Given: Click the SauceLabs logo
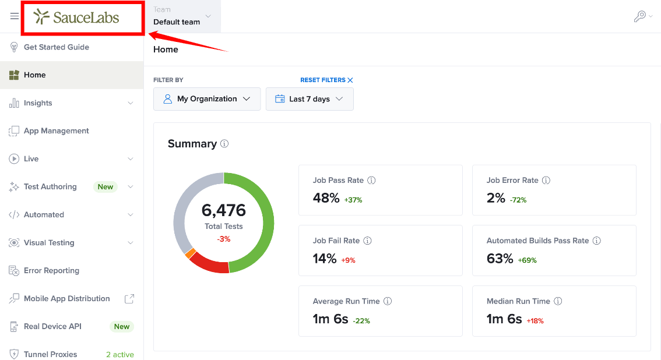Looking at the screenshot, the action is tap(76, 17).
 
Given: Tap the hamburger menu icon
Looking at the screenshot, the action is tap(15, 16).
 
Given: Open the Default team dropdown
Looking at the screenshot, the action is tap(182, 16).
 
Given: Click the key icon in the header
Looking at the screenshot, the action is tap(640, 16).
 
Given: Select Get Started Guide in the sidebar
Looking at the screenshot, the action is tap(57, 47).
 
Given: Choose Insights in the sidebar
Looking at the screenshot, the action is tap(38, 103).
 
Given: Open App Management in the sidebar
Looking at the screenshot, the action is tap(57, 131).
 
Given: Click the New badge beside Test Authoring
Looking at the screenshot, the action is tap(106, 187).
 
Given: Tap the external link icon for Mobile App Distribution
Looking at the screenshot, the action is tap(129, 298).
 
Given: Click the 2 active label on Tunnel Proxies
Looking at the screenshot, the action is tap(120, 355).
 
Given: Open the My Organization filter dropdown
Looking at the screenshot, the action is tap(207, 99).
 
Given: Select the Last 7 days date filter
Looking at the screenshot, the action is tap(310, 99).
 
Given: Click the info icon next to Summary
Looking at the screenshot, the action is tap(224, 143).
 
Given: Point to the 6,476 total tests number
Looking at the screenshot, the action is tap(223, 210).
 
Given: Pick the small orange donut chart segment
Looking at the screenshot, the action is tap(190, 253).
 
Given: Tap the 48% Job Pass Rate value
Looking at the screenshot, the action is tap(326, 198).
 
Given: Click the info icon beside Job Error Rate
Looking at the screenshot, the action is tap(546, 180).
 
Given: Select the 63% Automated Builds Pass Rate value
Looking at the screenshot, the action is tap(500, 258).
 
